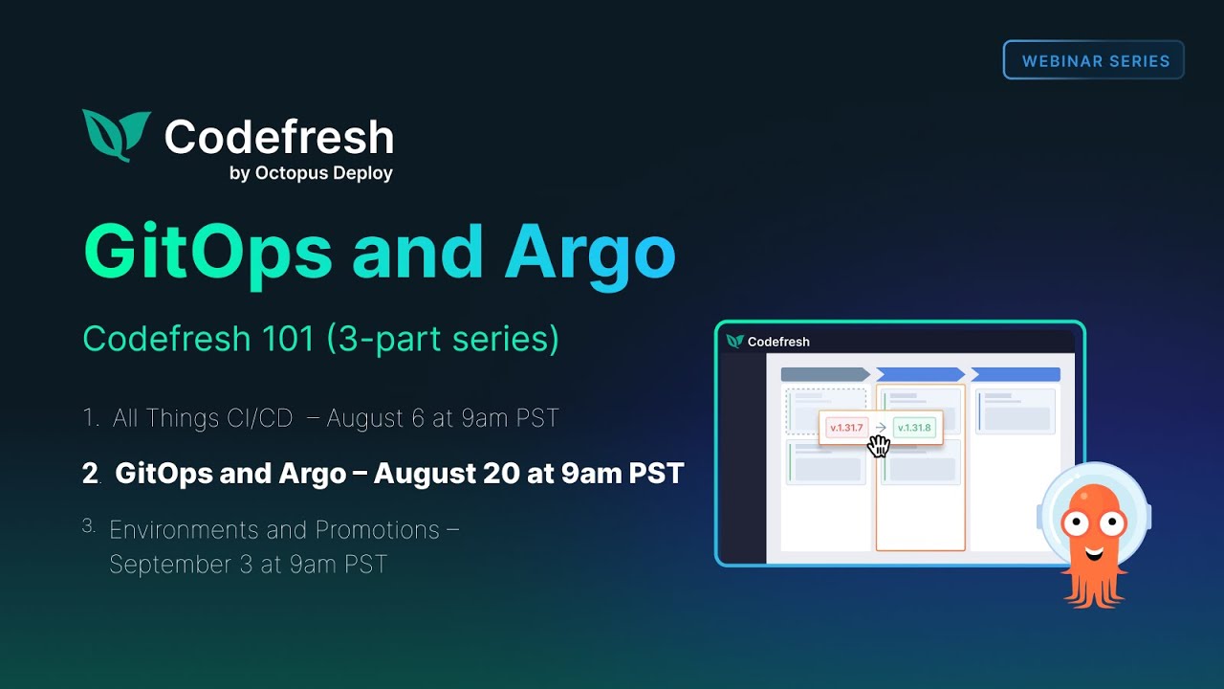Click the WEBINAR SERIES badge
pos(1094,60)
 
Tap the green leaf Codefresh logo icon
pos(116,134)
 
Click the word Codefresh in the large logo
pos(278,137)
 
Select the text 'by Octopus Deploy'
pos(311,173)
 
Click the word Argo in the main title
pos(590,252)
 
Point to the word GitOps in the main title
pos(208,252)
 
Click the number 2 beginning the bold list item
pos(90,474)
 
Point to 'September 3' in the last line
pos(182,565)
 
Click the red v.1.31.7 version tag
pos(846,428)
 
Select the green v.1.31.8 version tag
pos(914,428)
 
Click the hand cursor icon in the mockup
pos(878,446)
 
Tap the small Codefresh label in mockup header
pos(777,342)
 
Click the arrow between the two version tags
pos(881,428)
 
